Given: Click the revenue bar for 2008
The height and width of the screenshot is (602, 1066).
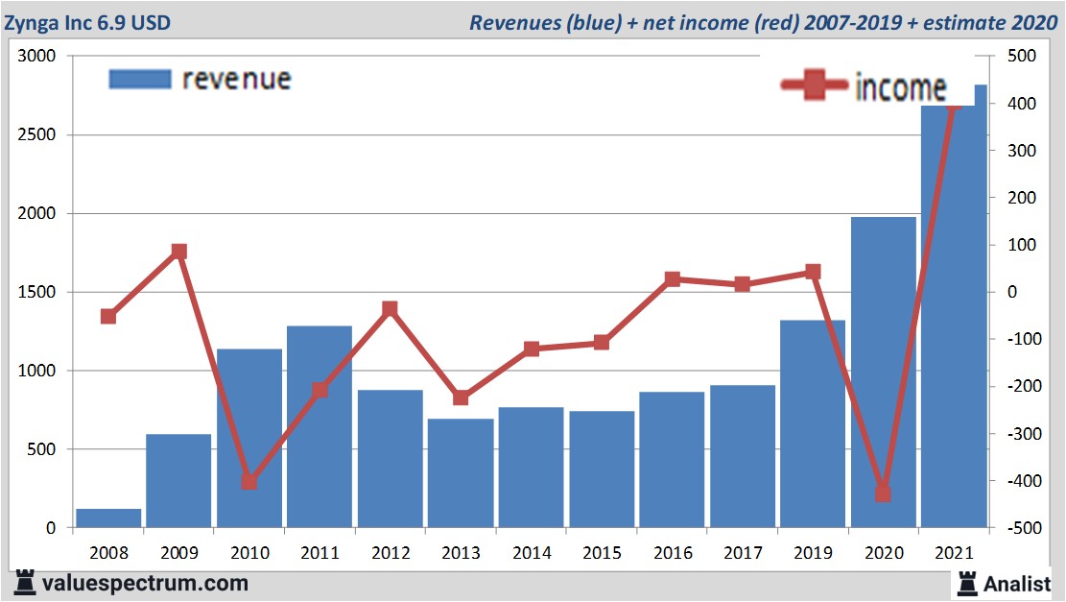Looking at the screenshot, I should (108, 518).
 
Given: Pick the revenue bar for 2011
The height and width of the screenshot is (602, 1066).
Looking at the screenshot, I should (320, 426).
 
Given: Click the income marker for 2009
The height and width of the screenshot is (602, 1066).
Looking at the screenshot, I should (178, 252).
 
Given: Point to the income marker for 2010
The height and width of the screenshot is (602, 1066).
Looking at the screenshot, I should (249, 481).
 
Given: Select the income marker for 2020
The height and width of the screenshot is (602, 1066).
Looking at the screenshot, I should (883, 494).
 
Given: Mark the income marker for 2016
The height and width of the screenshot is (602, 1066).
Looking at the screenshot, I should (672, 279).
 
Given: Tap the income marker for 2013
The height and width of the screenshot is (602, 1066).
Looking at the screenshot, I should (461, 397).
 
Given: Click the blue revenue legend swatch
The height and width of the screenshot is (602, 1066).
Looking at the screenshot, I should (139, 79).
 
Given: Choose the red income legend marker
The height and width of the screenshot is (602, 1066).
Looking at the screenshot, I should (814, 86).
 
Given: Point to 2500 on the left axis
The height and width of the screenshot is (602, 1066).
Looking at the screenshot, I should (36, 135).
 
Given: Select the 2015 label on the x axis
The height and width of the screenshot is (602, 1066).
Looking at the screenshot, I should (601, 554).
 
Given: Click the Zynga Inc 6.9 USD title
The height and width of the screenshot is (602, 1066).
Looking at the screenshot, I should (88, 22).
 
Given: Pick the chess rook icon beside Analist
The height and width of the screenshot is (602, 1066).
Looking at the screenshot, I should (966, 583).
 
